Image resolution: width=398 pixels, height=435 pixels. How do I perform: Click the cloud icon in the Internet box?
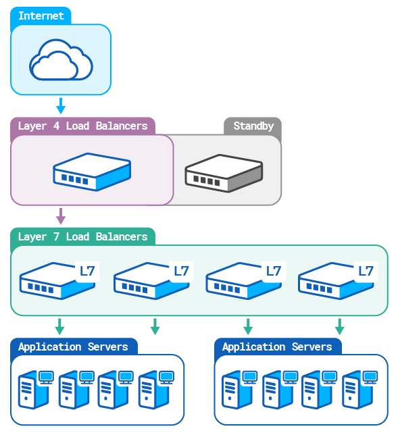click(x=60, y=61)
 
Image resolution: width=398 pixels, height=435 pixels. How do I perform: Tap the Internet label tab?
click(x=41, y=16)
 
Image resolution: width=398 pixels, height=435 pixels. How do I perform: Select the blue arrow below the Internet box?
click(x=60, y=106)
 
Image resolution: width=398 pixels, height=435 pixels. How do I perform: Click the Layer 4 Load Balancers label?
click(x=82, y=126)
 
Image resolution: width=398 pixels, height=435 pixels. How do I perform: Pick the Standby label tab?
click(x=253, y=126)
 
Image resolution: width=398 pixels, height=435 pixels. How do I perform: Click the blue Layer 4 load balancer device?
click(x=91, y=171)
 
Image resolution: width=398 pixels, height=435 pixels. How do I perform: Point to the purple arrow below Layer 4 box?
click(x=60, y=216)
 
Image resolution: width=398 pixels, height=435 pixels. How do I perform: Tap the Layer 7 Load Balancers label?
click(x=82, y=237)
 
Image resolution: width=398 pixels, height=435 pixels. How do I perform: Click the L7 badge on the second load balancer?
click(x=181, y=272)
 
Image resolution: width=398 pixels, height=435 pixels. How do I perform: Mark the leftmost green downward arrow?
click(x=60, y=326)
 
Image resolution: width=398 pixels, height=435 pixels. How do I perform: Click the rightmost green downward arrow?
click(x=339, y=326)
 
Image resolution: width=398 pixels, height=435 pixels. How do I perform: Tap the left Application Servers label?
click(x=73, y=347)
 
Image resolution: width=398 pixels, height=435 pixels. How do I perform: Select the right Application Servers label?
click(x=277, y=347)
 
